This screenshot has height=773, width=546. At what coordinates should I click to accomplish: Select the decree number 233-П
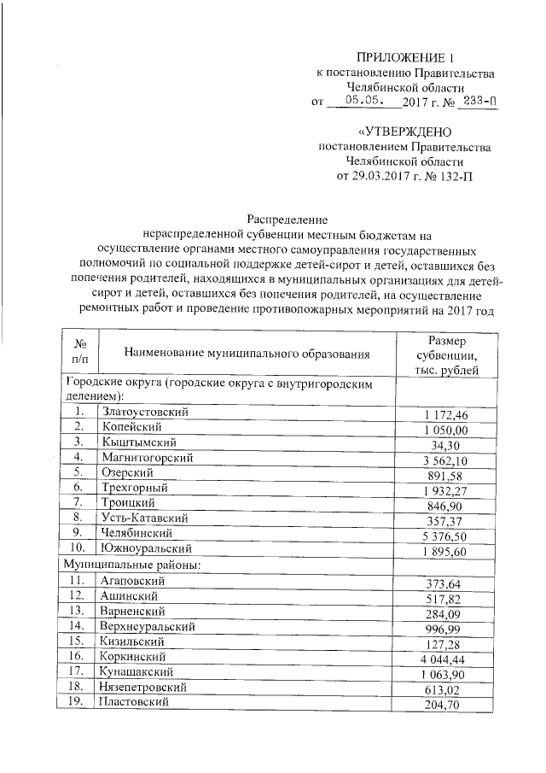coord(477,102)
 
